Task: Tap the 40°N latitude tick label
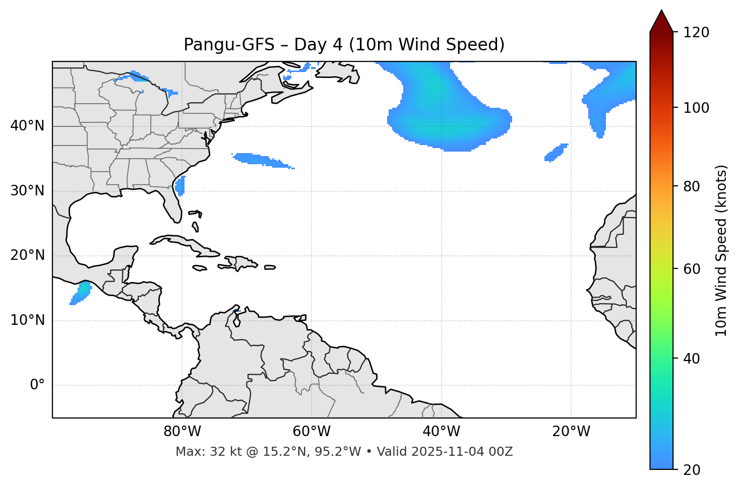(27, 126)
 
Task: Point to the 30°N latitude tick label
(27, 191)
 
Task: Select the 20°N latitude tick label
(27, 255)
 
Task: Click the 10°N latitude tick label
(27, 320)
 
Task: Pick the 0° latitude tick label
(37, 385)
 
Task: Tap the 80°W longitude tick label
(182, 432)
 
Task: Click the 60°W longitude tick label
(312, 432)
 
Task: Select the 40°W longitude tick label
(441, 432)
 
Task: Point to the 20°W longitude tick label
(571, 432)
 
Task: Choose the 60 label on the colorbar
(692, 269)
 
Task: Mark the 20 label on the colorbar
(692, 470)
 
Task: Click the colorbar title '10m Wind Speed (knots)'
(721, 250)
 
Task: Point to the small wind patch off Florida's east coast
(180, 186)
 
